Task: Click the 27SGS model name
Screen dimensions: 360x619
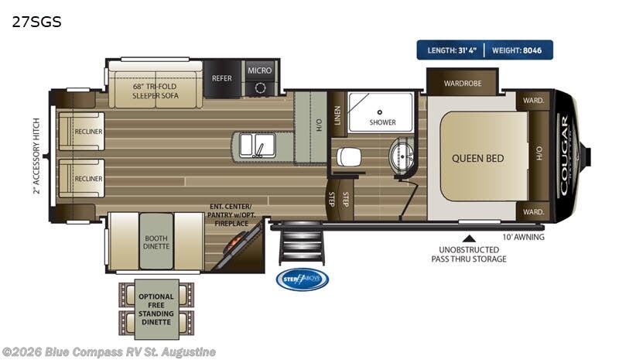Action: pyautogui.click(x=36, y=22)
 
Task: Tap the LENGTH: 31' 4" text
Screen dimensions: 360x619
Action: pyautogui.click(x=453, y=50)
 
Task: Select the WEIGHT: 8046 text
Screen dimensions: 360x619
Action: pyautogui.click(x=518, y=50)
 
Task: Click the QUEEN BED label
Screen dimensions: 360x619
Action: pyautogui.click(x=477, y=158)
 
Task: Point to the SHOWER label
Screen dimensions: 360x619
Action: pyautogui.click(x=381, y=122)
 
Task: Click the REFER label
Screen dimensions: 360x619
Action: pyautogui.click(x=222, y=78)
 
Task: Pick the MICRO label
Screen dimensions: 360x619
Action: pyautogui.click(x=260, y=70)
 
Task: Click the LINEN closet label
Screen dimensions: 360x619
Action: pyautogui.click(x=337, y=114)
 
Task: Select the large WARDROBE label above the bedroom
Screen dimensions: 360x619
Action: pyautogui.click(x=463, y=82)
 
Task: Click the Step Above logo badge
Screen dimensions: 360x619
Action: pyautogui.click(x=302, y=279)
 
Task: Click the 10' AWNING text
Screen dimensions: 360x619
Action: pyautogui.click(x=523, y=237)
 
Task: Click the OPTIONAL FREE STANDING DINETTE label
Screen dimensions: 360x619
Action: pyautogui.click(x=156, y=307)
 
